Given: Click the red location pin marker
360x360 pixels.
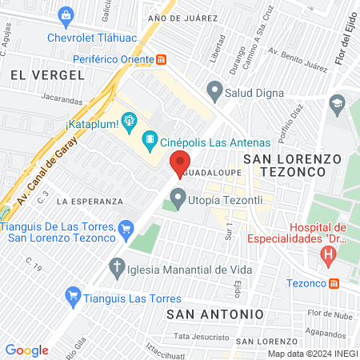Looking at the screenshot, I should pos(181,164).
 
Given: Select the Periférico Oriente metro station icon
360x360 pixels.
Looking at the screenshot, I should pos(162,58).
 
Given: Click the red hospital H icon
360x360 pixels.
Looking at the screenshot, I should pos(326,256).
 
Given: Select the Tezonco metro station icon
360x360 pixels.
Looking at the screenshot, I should pos(334,282).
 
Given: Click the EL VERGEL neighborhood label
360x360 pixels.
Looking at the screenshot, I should pos(47,74).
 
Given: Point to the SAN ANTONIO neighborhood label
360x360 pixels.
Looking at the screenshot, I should pos(214,314).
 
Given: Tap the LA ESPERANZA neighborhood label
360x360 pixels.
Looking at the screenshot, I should pos(90,201).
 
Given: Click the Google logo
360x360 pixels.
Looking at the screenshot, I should pos(26,350).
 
